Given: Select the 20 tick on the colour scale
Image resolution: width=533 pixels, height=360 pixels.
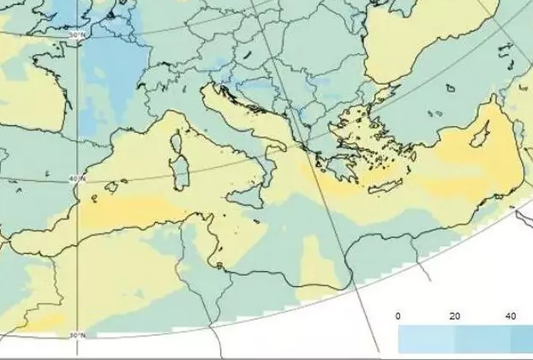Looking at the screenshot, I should (455, 316).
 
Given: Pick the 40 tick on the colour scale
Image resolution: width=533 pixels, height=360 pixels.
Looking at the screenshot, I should (512, 316).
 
